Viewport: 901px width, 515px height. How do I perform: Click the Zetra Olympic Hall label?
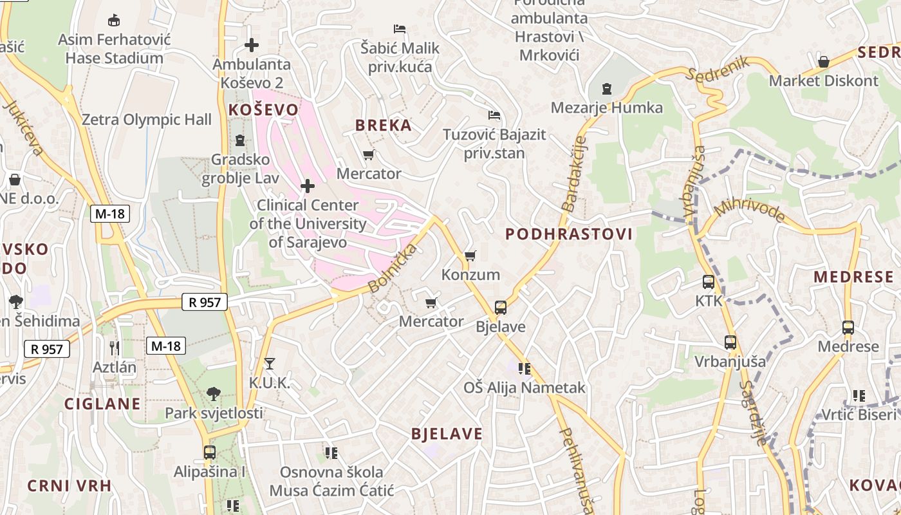(146, 120)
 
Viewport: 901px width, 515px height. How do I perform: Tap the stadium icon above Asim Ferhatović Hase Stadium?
(114, 21)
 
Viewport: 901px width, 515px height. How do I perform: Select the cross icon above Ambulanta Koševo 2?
(252, 45)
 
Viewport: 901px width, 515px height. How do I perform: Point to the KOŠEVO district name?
(263, 110)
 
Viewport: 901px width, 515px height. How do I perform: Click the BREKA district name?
(384, 126)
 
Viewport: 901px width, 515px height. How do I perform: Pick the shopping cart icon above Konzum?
(470, 256)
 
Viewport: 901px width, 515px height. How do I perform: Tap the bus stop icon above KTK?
(708, 282)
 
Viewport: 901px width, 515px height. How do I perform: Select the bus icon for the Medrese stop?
(848, 328)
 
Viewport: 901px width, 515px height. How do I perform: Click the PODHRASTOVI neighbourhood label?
(569, 234)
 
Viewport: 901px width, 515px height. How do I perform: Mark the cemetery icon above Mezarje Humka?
(606, 88)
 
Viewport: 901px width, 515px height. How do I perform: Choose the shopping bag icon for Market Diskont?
(823, 62)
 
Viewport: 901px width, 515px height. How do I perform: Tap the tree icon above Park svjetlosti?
(214, 393)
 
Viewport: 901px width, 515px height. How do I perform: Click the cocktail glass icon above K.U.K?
(270, 364)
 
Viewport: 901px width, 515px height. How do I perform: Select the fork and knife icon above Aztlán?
(115, 348)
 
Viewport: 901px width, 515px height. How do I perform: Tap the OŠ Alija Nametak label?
(525, 388)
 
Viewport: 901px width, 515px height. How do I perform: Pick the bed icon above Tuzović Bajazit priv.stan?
(494, 115)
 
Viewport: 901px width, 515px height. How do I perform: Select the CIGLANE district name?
(102, 404)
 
